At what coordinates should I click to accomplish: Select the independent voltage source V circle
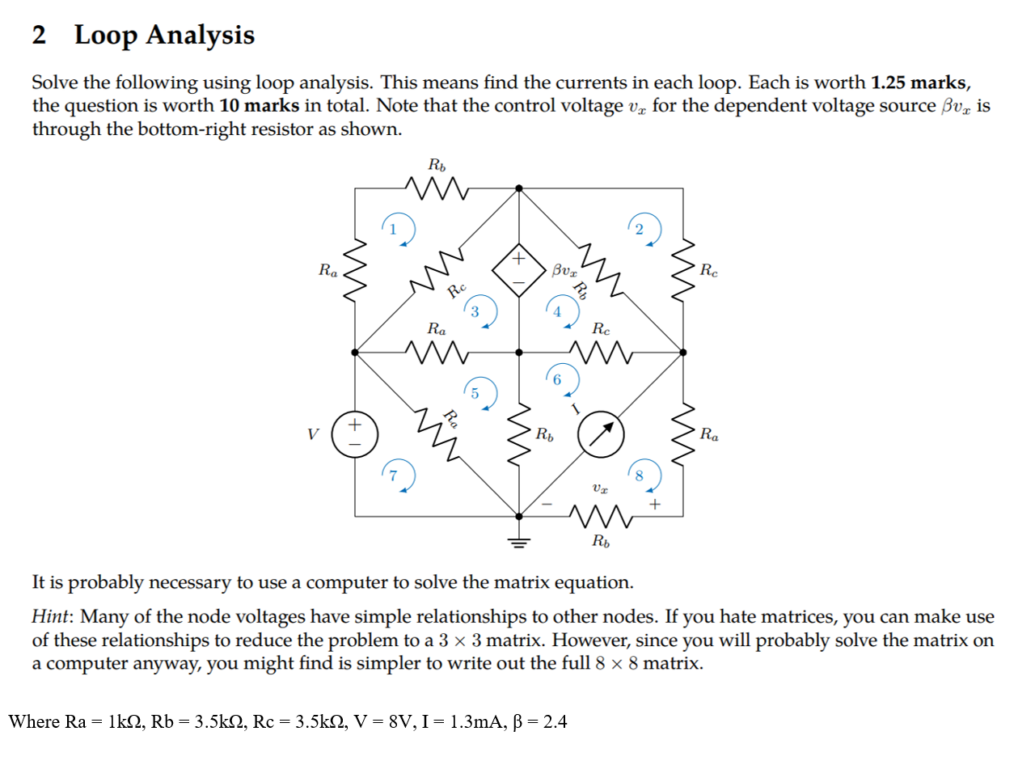[x=354, y=434]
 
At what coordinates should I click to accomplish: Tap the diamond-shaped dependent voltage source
[x=518, y=270]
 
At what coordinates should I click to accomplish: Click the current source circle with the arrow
[x=601, y=434]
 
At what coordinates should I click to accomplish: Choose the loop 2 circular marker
[x=644, y=230]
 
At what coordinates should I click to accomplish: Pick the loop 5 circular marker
[x=479, y=394]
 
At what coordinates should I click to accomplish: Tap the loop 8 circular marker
[x=644, y=476]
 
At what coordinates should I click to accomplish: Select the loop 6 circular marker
[x=561, y=379]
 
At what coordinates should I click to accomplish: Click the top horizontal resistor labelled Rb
[x=437, y=188]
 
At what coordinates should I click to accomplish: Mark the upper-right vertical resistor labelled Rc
[x=683, y=270]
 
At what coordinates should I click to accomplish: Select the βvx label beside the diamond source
[x=564, y=269]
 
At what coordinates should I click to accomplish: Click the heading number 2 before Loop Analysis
[x=39, y=35]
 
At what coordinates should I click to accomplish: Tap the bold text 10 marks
[x=259, y=106]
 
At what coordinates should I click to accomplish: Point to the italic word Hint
[x=52, y=617]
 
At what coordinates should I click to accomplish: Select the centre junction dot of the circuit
[x=519, y=353]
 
